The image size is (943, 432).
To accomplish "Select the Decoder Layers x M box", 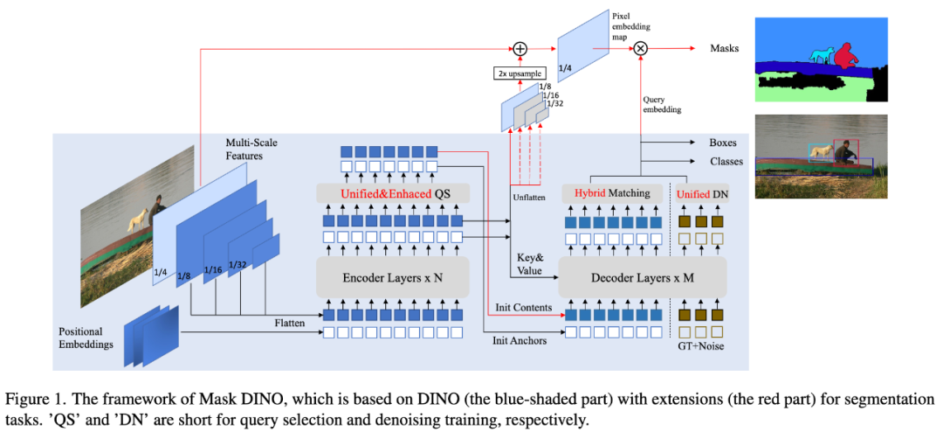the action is coord(643,278).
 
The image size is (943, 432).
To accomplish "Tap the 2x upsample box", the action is coord(519,73).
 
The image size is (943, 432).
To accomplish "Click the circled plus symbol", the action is coord(519,48).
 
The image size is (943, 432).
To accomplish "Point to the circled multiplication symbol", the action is coord(641,48).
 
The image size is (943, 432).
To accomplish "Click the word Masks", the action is coord(726,48).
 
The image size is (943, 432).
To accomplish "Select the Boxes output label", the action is coord(724,143).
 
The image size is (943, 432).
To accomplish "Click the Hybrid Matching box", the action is coord(614,194).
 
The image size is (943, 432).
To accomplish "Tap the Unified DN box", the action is coord(702,194).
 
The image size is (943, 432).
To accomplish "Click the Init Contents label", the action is coord(523,307).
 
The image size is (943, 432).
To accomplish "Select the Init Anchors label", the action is coord(519,340).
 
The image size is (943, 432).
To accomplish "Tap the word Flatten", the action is coord(290,323).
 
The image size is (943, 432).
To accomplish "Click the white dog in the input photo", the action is coord(136,219).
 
